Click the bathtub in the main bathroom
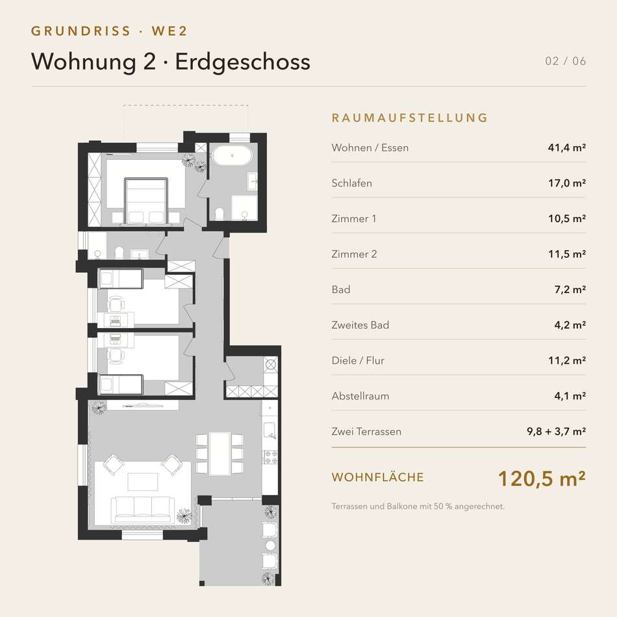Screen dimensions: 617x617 pos(232,156)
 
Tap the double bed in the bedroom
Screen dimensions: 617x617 pos(146,201)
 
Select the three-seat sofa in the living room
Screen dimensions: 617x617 pos(143,509)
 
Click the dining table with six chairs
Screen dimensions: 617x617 pos(220,453)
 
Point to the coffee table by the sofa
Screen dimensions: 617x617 pos(143,482)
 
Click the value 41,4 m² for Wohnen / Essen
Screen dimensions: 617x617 pos(566,147)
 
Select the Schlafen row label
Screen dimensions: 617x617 pos(352,183)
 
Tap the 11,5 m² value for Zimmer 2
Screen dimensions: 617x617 pos(567,254)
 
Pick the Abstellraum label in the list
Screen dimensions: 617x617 pos(360,396)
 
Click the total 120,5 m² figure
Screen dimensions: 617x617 pos(542,479)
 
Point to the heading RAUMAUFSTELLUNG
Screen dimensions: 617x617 pos(410,118)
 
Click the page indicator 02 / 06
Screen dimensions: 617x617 pos(566,61)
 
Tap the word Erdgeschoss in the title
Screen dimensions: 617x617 pos(243,62)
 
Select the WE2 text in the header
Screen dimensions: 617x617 pos(170,31)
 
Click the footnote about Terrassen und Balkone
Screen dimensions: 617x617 pos(418,507)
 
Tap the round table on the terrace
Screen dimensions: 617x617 pos(270,546)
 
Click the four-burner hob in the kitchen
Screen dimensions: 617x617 pos(271,457)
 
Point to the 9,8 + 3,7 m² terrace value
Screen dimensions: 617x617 pos(557,431)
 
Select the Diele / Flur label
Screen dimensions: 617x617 pos(358,360)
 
